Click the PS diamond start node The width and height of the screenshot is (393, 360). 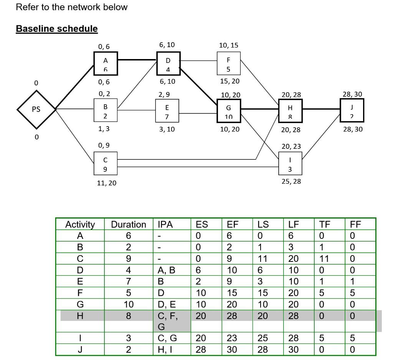(x=36, y=109)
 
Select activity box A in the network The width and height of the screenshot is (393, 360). (x=106, y=64)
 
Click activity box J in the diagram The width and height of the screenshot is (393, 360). (x=352, y=110)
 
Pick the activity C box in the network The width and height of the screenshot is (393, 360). (x=106, y=164)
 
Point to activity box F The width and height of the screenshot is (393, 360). (x=228, y=64)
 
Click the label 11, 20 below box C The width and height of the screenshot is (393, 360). (x=106, y=183)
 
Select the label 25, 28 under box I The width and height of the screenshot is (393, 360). (x=291, y=181)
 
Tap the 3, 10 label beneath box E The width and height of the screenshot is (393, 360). (x=167, y=130)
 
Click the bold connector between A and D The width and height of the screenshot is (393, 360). (x=137, y=60)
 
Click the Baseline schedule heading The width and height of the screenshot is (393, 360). (x=57, y=29)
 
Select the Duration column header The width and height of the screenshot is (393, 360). (x=129, y=224)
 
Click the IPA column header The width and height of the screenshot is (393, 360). (x=166, y=224)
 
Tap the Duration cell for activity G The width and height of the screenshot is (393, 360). (x=129, y=305)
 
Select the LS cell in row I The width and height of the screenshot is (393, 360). (x=263, y=338)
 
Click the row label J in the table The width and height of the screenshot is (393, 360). (x=80, y=350)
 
